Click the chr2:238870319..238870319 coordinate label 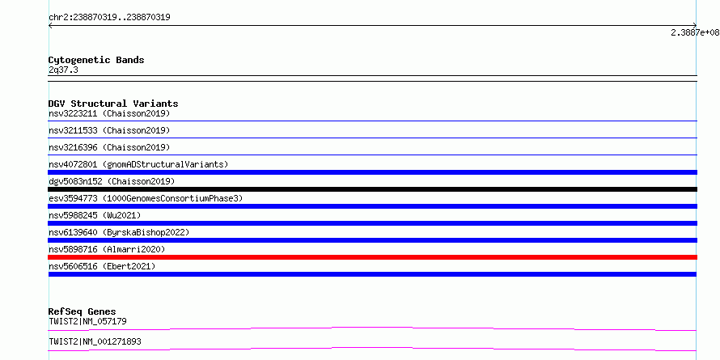pyautogui.click(x=109, y=18)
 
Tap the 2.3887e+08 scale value pyautogui.click(x=695, y=32)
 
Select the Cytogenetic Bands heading pyautogui.click(x=96, y=60)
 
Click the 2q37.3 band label pyautogui.click(x=63, y=70)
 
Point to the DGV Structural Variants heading pyautogui.click(x=113, y=104)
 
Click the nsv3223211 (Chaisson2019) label pyautogui.click(x=109, y=113)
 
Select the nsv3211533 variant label pyautogui.click(x=109, y=130)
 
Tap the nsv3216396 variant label pyautogui.click(x=109, y=147)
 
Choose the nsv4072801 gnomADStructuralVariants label pyautogui.click(x=138, y=164)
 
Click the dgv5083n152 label pyautogui.click(x=112, y=181)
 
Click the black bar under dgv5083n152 pyautogui.click(x=372, y=189)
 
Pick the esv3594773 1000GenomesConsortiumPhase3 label pyautogui.click(x=146, y=198)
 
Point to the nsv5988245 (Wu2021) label pyautogui.click(x=95, y=215)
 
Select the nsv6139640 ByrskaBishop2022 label pyautogui.click(x=119, y=232)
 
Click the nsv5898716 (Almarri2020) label pyautogui.click(x=107, y=249)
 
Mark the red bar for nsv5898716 pyautogui.click(x=372, y=257)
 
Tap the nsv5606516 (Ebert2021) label pyautogui.click(x=102, y=266)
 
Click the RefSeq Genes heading pyautogui.click(x=82, y=311)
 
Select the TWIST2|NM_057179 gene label pyautogui.click(x=87, y=321)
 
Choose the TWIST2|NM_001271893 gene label pyautogui.click(x=95, y=341)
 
